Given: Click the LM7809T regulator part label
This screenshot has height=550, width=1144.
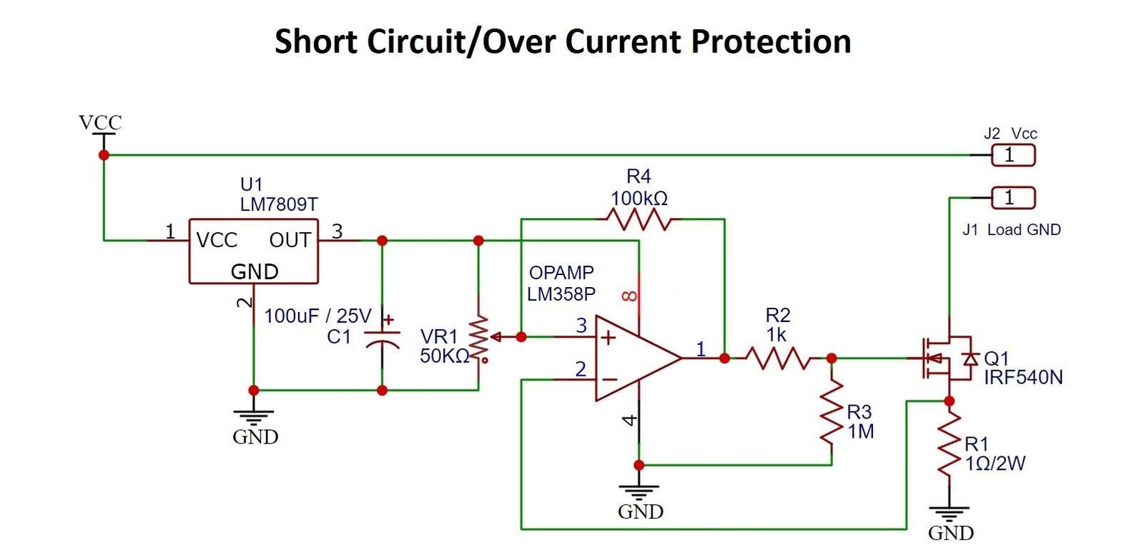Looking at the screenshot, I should pos(278,204).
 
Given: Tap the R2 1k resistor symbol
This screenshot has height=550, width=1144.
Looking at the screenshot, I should pos(777,358).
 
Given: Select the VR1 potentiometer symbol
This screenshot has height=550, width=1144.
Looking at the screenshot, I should pos(479,336).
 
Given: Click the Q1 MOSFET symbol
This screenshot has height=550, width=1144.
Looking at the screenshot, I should pos(945,358).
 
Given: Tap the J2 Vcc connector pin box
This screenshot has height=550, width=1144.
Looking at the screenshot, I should pos(1012,154).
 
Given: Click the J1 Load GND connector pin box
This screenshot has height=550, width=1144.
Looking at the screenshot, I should pos(1012,197).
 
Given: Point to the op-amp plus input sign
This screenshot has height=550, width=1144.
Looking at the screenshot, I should pos(608,337).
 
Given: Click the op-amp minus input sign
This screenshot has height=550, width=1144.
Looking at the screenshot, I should pos(608,379).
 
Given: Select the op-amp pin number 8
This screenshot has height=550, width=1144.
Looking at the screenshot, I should pos(630,295).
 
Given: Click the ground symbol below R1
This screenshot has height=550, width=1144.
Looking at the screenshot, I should pos(950,516).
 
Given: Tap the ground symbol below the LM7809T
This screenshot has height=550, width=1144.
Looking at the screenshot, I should pos(254,417).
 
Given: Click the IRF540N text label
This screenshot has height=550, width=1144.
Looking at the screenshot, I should pos(1023,377).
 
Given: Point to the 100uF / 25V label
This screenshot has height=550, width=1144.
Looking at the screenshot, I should pos(317,316).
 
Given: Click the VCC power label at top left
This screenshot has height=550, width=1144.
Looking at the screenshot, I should pos(100,123).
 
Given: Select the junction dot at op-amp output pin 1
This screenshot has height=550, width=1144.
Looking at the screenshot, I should pos(724,358).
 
